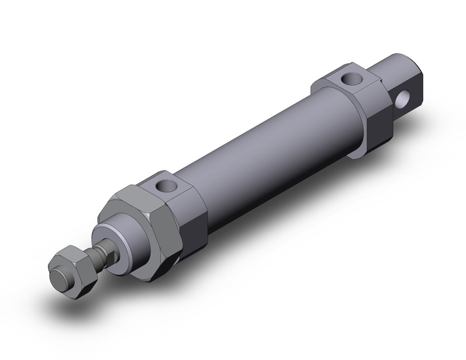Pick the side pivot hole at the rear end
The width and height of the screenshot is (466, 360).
pos(403,97)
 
